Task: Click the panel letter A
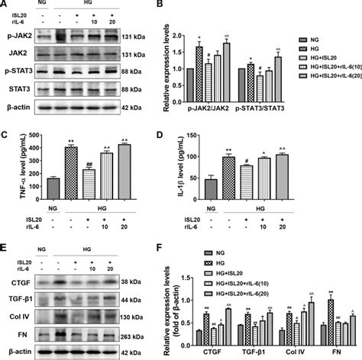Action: [x=5, y=5]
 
